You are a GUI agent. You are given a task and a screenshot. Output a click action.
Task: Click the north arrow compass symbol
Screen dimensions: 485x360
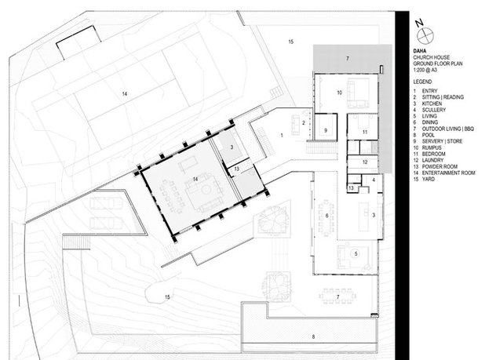[x=425, y=36]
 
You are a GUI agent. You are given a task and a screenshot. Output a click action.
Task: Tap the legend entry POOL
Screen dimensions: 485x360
[x=428, y=135]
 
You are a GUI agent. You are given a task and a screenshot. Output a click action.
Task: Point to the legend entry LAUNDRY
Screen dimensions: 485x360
[x=432, y=160]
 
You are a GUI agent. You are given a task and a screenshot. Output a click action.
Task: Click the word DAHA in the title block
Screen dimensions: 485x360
[x=420, y=51]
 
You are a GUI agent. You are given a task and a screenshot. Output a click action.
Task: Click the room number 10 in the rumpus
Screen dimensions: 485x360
[x=339, y=93]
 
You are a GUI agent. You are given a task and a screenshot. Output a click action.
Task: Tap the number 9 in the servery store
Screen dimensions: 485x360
[x=326, y=130]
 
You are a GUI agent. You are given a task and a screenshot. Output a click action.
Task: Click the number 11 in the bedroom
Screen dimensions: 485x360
[x=365, y=132]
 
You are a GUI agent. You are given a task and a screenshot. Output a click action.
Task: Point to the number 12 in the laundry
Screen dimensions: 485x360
[x=365, y=162]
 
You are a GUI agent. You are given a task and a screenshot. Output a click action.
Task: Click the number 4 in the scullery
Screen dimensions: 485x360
[x=374, y=180]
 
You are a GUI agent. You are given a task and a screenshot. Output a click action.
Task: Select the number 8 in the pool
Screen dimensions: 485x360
[x=313, y=336]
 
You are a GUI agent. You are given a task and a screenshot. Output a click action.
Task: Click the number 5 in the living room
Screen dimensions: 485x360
[x=356, y=253]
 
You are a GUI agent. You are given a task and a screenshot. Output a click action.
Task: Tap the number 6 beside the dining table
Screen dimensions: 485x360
[x=327, y=216]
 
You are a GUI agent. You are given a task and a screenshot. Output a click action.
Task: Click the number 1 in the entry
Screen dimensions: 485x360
[x=282, y=136]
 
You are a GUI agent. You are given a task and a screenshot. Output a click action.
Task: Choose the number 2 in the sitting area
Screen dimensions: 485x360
[x=304, y=123]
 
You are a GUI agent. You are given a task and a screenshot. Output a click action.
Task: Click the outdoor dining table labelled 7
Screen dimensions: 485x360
[x=337, y=296]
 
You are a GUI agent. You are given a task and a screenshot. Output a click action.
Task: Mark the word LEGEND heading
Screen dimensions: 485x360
[x=422, y=82]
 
